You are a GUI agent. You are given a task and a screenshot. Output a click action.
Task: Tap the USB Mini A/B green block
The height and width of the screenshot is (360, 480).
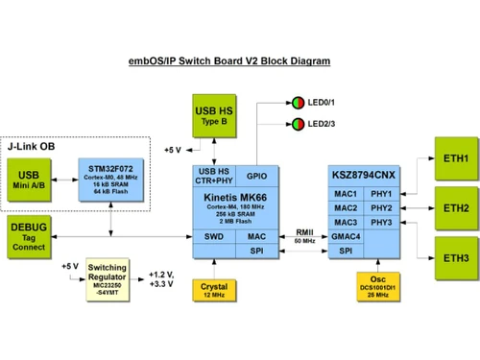coord(30,180)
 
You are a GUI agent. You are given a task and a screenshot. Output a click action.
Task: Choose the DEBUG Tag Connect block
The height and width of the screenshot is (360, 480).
coord(30,237)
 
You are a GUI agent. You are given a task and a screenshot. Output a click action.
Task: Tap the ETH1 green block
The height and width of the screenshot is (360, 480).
coord(456,158)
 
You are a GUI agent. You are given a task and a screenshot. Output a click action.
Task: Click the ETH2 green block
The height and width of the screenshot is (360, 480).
coord(456,208)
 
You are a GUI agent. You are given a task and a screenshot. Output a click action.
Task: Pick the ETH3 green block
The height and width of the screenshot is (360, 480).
coord(456,258)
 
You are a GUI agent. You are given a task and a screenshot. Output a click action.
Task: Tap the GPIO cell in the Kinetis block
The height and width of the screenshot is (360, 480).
coord(256,176)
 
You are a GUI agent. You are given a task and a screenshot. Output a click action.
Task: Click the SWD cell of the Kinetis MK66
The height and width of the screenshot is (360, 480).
coord(214,236)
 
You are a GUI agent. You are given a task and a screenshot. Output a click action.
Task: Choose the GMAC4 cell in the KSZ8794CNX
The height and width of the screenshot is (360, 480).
coord(347,236)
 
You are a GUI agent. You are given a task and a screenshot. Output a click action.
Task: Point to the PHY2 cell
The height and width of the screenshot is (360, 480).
coord(382,208)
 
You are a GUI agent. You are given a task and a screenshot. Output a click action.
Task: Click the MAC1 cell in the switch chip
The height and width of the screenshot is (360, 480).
coord(347,194)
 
